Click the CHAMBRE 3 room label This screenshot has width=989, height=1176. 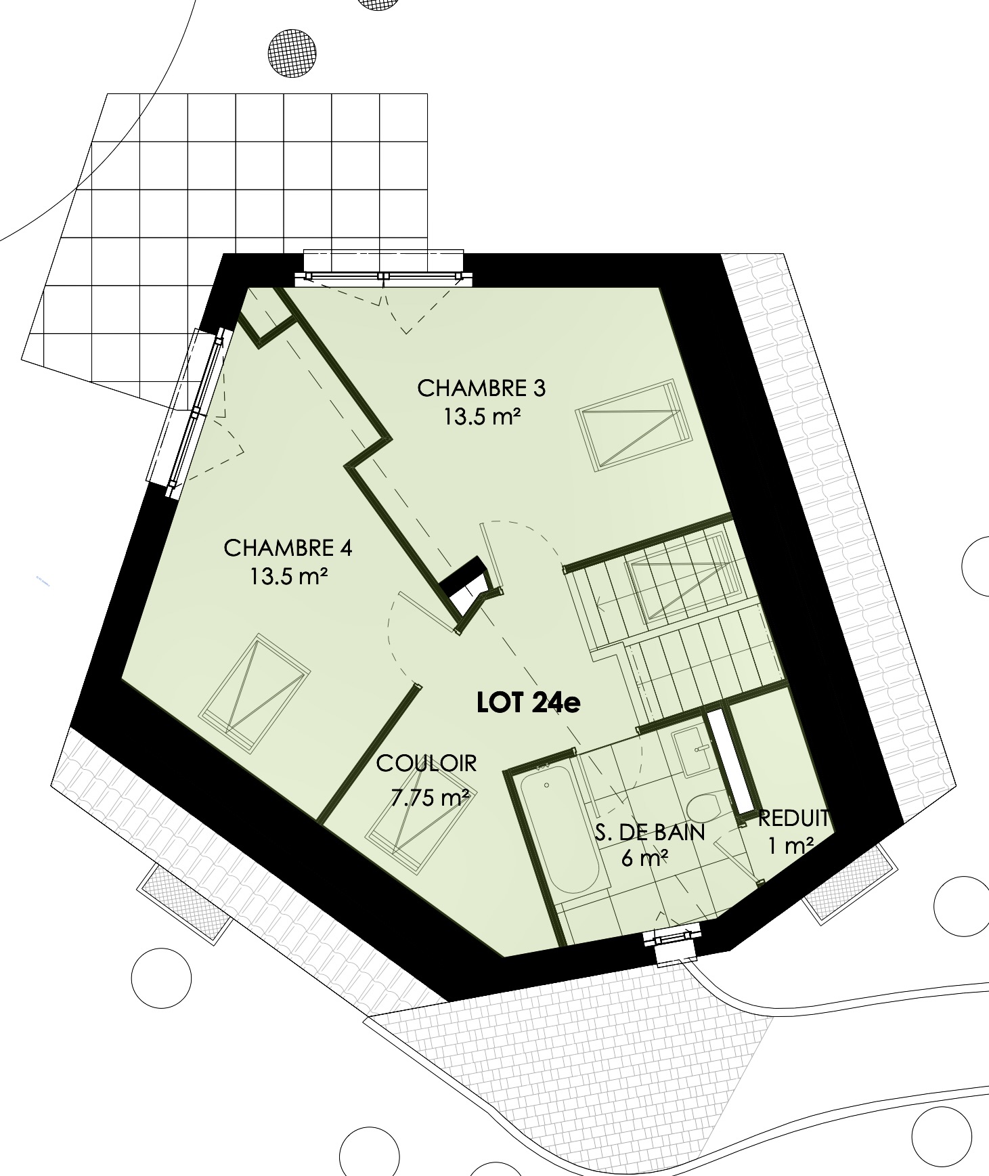(x=481, y=389)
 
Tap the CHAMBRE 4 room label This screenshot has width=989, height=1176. (x=288, y=548)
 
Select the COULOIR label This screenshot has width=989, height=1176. (x=426, y=764)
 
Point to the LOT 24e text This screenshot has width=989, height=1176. (x=528, y=703)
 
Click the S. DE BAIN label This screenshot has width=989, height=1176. (x=650, y=832)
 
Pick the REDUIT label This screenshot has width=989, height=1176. (x=793, y=819)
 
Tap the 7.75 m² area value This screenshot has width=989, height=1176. (x=431, y=798)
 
